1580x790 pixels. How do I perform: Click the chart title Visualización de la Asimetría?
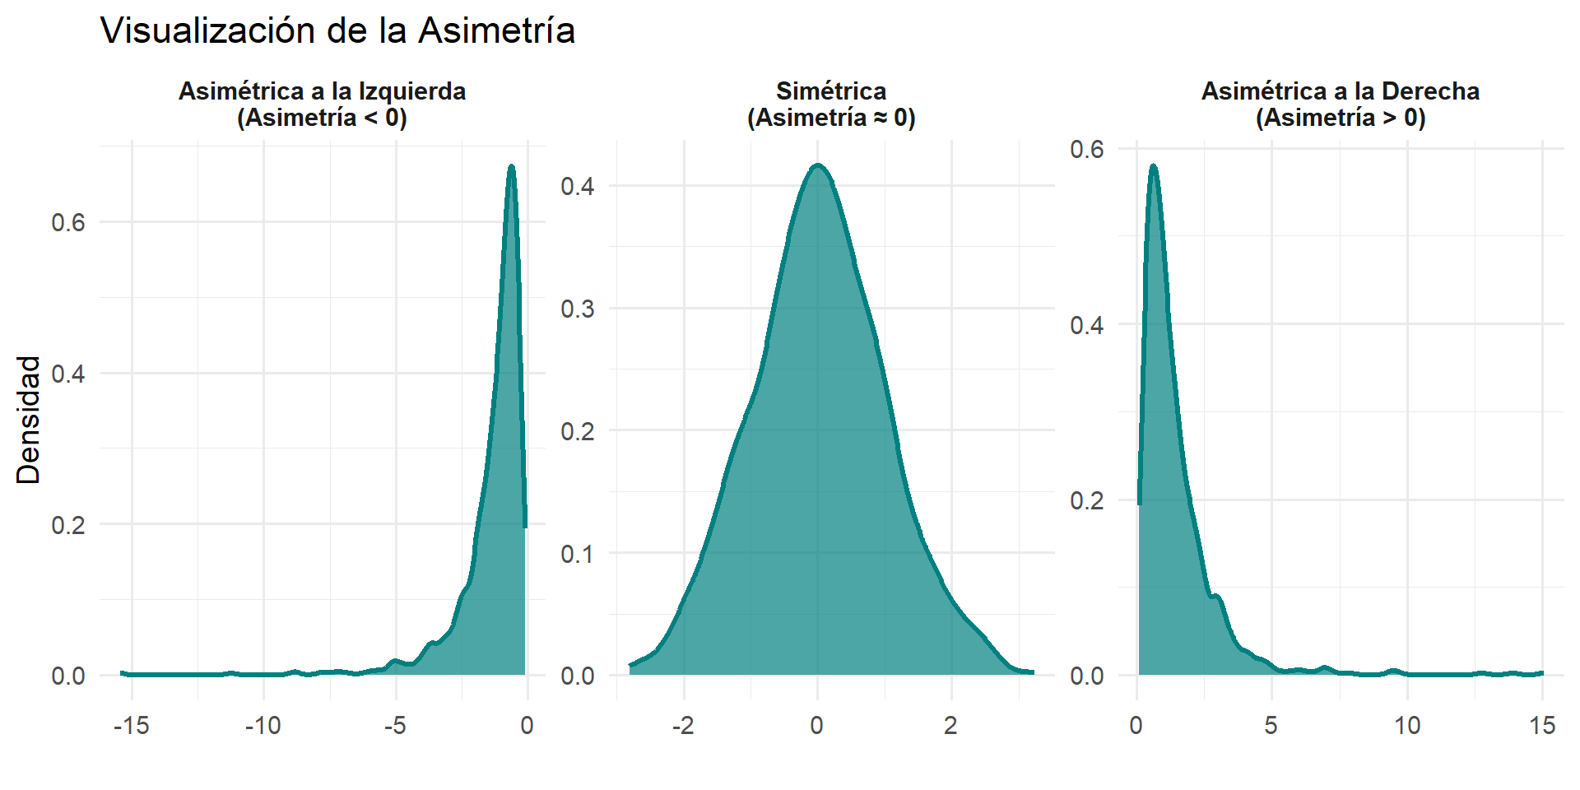pyautogui.click(x=337, y=31)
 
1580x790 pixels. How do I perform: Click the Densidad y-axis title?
pyautogui.click(x=29, y=420)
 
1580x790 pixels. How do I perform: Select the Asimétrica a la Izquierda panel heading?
pyautogui.click(x=322, y=105)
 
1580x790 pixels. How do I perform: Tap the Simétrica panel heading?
pyautogui.click(x=831, y=105)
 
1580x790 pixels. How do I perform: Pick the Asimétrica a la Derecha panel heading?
pyautogui.click(x=1341, y=105)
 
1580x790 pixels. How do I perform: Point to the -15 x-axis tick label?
pyautogui.click(x=132, y=726)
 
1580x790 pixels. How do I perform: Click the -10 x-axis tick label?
pyautogui.click(x=263, y=726)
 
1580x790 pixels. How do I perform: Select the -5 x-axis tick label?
pyautogui.click(x=395, y=726)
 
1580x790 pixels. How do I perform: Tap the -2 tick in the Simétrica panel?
pyautogui.click(x=682, y=726)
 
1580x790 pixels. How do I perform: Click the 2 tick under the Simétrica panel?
pyautogui.click(x=951, y=726)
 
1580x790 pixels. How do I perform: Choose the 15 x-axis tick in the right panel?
pyautogui.click(x=1542, y=726)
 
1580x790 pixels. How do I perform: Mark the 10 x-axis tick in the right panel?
pyautogui.click(x=1407, y=726)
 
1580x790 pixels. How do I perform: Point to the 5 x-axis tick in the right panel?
pyautogui.click(x=1271, y=726)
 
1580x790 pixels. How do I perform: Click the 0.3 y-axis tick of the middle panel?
pyautogui.click(x=577, y=309)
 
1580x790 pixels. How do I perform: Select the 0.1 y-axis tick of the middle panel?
pyautogui.click(x=577, y=554)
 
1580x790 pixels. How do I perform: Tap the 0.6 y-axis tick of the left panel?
pyautogui.click(x=68, y=223)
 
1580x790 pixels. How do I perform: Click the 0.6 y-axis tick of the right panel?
pyautogui.click(x=1087, y=150)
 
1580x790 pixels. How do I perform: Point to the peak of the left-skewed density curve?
pyautogui.click(x=511, y=166)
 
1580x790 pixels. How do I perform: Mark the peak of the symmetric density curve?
pyautogui.click(x=817, y=165)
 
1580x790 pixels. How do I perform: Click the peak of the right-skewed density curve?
pyautogui.click(x=1153, y=166)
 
